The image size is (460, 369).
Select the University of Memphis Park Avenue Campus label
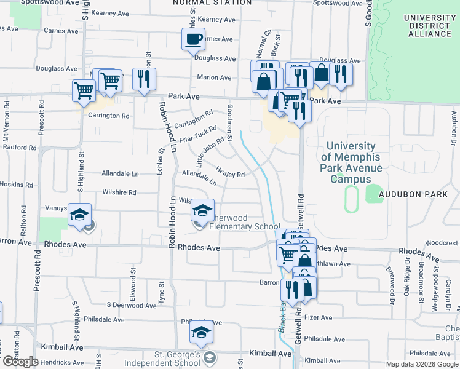[351, 162]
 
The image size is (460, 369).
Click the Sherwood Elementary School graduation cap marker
[200, 210]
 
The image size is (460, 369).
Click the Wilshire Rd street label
[119, 192]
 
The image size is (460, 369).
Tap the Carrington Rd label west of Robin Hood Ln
[108, 116]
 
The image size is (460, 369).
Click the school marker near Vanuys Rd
[79, 215]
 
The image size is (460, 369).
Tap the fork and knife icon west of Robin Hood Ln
[144, 79]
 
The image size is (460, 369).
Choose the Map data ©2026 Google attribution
[421, 364]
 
